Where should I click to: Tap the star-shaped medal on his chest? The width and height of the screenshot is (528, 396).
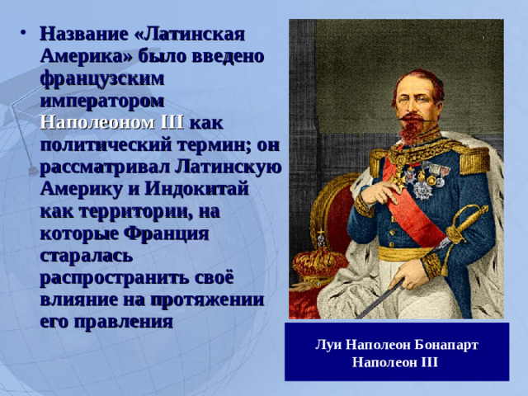pos(423,189)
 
